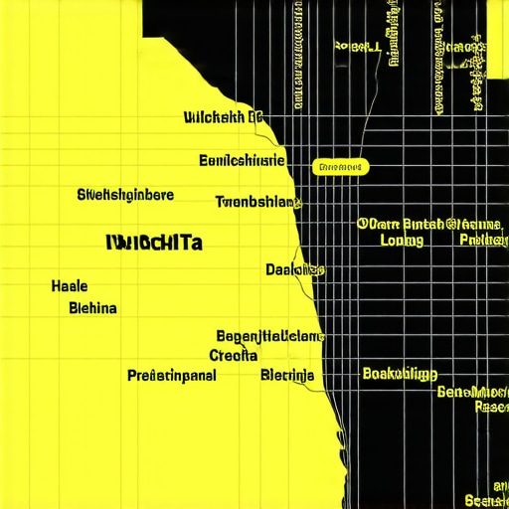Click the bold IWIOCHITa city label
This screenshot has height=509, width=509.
tap(153, 242)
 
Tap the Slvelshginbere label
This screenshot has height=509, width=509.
tap(125, 194)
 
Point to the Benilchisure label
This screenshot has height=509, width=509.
tap(242, 160)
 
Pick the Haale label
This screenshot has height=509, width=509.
tap(69, 286)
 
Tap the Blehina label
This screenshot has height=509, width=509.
tap(93, 308)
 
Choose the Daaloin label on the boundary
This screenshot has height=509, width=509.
tap(294, 269)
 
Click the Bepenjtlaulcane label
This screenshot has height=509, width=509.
tap(269, 336)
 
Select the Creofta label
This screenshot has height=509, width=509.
tap(234, 355)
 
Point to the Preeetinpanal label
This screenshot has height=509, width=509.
tap(172, 376)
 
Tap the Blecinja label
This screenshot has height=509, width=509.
tap(287, 376)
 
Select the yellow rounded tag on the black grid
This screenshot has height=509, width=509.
tap(340, 167)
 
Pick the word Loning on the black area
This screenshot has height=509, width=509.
tap(402, 240)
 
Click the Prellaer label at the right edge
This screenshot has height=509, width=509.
tap(483, 240)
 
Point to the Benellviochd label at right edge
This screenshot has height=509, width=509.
tap(473, 392)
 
